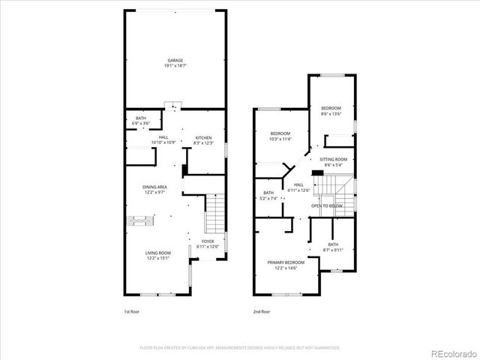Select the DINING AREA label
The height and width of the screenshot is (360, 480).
[x=154, y=190]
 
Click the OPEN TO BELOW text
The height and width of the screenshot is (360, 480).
[x=327, y=205]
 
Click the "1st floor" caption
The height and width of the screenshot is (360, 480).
[x=132, y=310]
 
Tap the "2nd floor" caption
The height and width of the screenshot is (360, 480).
[x=262, y=310]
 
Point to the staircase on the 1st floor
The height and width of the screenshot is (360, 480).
[x=215, y=211]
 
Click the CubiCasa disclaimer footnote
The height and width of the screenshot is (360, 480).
[x=239, y=348]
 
